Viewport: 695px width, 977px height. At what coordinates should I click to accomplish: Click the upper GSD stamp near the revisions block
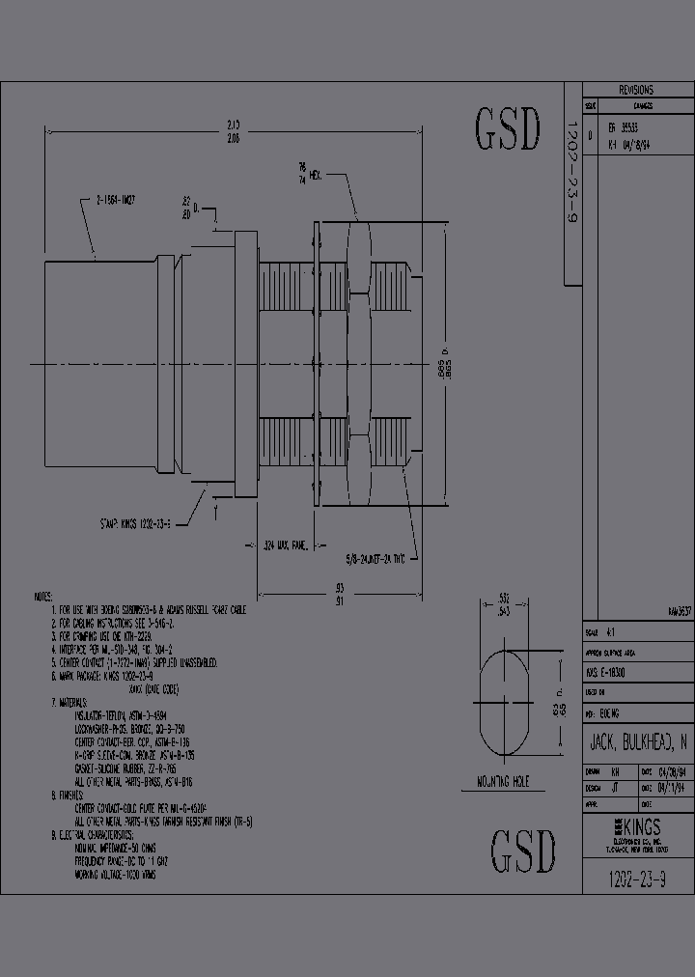pyautogui.click(x=507, y=130)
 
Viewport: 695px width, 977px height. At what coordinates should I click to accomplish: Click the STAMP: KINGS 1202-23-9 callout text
pyautogui.click(x=135, y=523)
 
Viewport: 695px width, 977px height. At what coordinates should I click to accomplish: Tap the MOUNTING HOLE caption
pyautogui.click(x=504, y=782)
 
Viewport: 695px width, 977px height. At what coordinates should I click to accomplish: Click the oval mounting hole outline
pyautogui.click(x=504, y=702)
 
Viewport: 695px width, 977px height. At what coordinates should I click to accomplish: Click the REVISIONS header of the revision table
pyautogui.click(x=636, y=88)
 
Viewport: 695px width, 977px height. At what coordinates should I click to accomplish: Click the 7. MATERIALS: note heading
pyautogui.click(x=69, y=702)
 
